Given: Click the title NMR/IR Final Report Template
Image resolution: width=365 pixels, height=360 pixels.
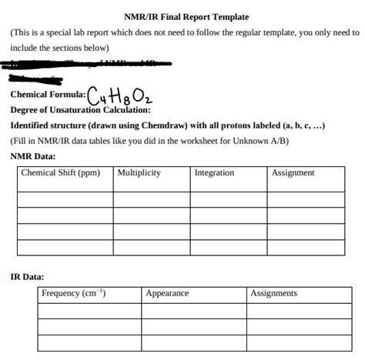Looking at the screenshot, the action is pyautogui.click(x=186, y=16).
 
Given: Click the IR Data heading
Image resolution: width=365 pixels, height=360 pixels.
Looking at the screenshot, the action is pyautogui.click(x=27, y=275).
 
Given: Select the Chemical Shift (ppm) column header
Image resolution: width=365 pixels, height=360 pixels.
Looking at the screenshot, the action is pyautogui.click(x=60, y=173).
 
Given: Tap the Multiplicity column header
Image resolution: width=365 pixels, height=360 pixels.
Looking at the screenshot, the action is pyautogui.click(x=139, y=173).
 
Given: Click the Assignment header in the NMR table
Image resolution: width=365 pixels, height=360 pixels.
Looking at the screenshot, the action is pyautogui.click(x=293, y=173).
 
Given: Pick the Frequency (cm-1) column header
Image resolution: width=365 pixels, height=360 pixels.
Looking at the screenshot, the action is pyautogui.click(x=74, y=293).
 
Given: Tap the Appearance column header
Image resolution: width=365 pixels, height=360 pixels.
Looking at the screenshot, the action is pyautogui.click(x=167, y=293).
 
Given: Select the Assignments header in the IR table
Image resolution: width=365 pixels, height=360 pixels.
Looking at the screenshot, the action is pyautogui.click(x=274, y=293).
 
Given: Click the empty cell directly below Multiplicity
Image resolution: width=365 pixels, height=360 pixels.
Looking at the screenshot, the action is pyautogui.click(x=151, y=199).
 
